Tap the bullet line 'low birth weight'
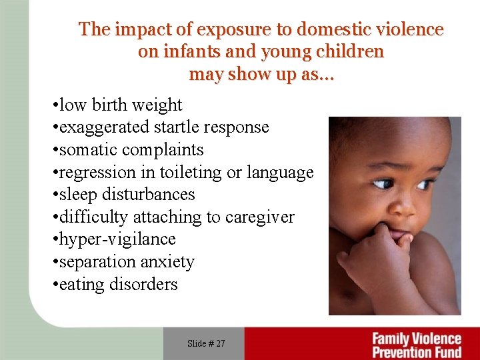pos(117,105)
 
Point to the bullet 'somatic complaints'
pos(127,150)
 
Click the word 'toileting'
pos(193,173)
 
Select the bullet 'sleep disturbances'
pos(123,195)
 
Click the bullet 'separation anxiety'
pos(123,262)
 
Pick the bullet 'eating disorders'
pos(115,285)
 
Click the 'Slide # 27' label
pos(206,343)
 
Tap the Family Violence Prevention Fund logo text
pos(416,345)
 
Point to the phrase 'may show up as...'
pos(261,74)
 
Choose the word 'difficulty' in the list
pos(94,217)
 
